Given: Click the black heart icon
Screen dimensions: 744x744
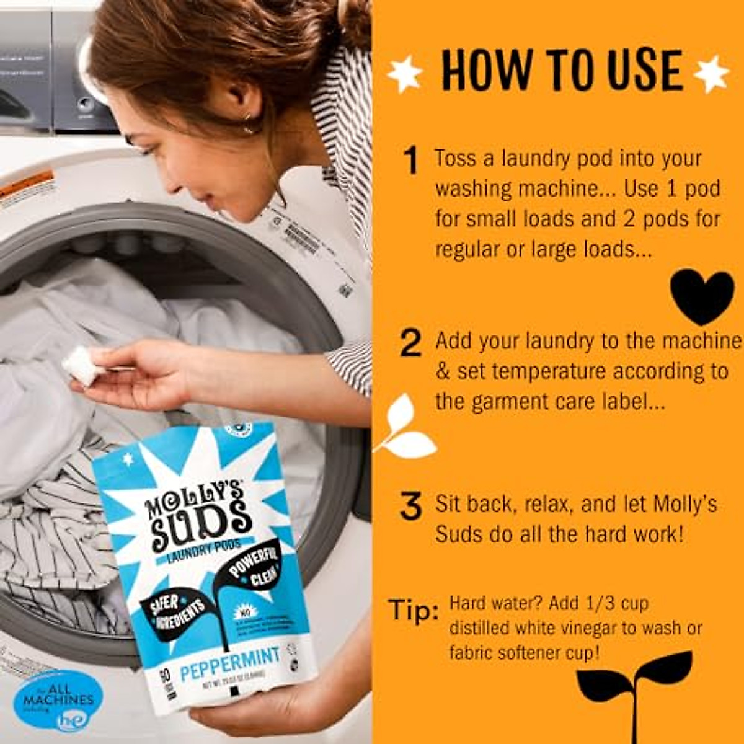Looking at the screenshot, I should [702, 296].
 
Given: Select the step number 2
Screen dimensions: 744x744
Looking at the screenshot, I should [410, 343].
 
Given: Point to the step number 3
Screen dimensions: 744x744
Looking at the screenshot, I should [410, 506].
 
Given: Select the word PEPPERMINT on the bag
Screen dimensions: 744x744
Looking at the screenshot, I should [230, 663].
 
